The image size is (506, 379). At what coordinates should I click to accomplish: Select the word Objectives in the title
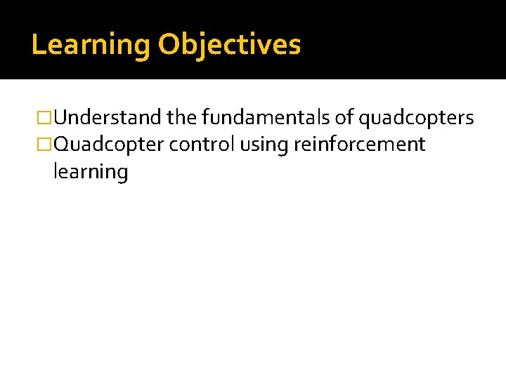pyautogui.click(x=229, y=45)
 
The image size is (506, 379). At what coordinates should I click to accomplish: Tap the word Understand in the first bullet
pyautogui.click(x=108, y=118)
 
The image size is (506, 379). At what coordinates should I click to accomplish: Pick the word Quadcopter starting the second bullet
pyautogui.click(x=109, y=145)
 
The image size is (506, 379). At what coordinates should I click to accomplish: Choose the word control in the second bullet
pyautogui.click(x=202, y=145)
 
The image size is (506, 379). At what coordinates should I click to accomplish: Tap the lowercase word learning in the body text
pyautogui.click(x=90, y=172)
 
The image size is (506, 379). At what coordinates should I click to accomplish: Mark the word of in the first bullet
pyautogui.click(x=345, y=118)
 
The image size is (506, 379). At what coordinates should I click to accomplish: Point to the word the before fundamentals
pyautogui.click(x=183, y=118)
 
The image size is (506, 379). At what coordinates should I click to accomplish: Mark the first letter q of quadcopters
pyautogui.click(x=365, y=120)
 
